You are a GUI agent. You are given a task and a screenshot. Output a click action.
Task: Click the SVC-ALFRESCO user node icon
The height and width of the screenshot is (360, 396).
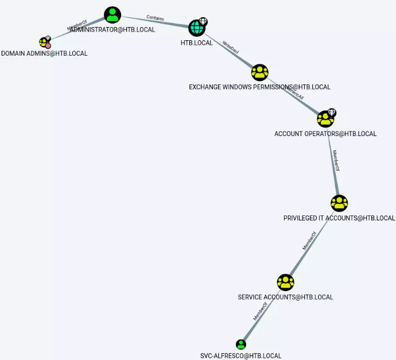(x=241, y=344)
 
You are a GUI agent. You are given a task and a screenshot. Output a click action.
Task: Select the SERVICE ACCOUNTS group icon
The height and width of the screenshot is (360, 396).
(x=285, y=282)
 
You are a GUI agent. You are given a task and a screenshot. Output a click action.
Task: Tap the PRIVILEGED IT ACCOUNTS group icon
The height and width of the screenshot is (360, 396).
(x=339, y=203)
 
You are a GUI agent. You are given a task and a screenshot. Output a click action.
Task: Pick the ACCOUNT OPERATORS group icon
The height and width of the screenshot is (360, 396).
(x=325, y=119)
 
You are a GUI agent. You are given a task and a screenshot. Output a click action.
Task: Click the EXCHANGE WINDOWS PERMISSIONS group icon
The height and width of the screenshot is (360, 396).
(x=260, y=72)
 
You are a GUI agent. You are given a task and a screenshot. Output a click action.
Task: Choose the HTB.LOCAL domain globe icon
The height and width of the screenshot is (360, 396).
(x=197, y=27)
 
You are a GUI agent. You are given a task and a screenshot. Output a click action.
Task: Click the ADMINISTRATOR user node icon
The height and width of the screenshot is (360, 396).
(x=113, y=15)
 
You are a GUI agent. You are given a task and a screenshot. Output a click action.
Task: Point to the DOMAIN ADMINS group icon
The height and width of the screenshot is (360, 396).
(x=44, y=42)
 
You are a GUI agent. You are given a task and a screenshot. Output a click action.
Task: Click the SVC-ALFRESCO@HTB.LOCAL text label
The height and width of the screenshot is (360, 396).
(x=241, y=356)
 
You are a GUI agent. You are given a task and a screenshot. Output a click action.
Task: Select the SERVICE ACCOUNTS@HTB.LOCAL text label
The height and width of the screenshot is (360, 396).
(x=285, y=297)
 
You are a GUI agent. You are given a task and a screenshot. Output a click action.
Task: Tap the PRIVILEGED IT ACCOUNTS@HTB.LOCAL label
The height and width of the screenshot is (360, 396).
(x=339, y=218)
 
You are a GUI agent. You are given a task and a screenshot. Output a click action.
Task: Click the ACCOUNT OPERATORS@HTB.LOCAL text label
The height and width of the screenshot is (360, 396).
(x=325, y=134)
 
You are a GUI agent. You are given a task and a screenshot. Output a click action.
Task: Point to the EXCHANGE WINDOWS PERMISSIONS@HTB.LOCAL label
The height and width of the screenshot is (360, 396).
(x=259, y=87)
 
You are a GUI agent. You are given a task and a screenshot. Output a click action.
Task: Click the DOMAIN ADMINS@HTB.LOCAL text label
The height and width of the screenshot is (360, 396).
(x=44, y=53)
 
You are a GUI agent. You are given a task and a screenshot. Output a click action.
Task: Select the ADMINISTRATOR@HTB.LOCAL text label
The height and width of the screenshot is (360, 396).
(x=113, y=29)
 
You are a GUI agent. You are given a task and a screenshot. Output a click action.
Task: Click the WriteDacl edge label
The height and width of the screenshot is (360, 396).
(x=231, y=51)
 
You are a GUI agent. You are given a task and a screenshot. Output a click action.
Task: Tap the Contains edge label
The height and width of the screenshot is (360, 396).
(x=155, y=18)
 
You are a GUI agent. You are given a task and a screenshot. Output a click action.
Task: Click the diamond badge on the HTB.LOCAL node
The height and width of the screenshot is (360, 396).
(x=203, y=21)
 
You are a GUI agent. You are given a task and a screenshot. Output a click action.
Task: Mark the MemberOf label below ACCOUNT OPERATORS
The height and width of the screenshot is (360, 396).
(x=336, y=161)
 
